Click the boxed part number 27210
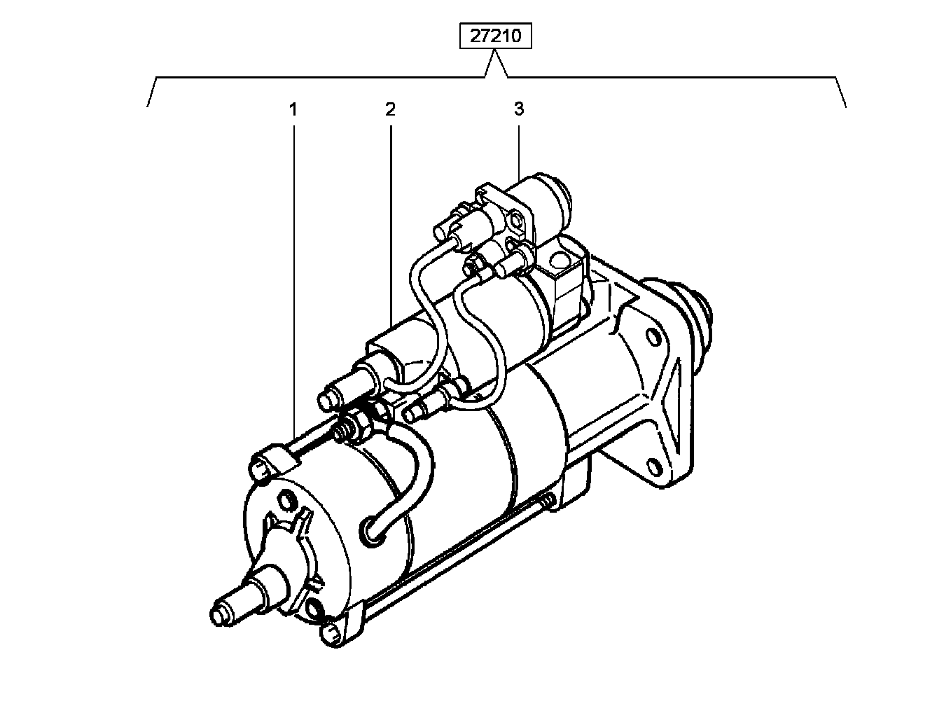coord(495,36)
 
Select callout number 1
coord(293,109)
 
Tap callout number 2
coord(390,109)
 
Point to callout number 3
coord(519,109)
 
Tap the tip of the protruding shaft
coord(218,615)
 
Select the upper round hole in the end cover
coord(286,499)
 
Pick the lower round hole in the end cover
coord(314,609)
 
